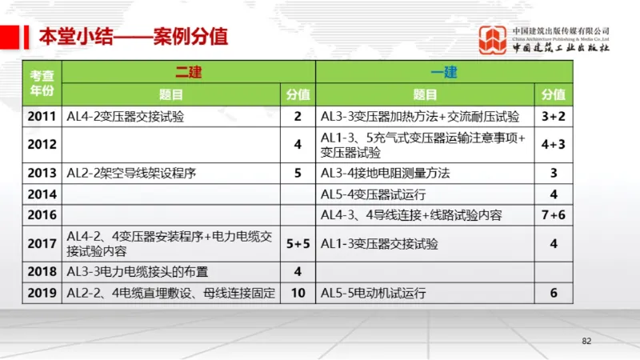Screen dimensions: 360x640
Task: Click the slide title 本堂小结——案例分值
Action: click(134, 36)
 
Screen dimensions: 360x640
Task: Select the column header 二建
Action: click(189, 73)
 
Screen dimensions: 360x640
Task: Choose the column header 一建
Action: click(444, 73)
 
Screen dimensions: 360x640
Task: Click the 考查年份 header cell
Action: click(42, 83)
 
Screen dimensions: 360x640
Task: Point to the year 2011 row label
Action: click(42, 117)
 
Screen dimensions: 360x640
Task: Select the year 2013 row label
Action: click(42, 173)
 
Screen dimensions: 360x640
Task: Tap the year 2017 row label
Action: click(42, 244)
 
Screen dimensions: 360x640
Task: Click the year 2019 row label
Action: click(42, 294)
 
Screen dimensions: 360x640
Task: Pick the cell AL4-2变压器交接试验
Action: click(126, 117)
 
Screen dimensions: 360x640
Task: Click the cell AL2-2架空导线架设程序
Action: click(132, 173)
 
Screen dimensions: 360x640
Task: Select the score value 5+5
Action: click(298, 244)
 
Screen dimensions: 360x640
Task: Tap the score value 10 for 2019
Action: click(298, 294)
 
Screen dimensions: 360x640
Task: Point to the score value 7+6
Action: click(553, 215)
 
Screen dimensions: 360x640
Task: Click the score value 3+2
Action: click(553, 117)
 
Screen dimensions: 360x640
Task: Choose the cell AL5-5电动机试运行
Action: click(374, 294)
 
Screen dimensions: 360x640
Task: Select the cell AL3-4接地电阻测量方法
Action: click(385, 173)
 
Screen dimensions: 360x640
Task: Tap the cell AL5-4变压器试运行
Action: click(374, 194)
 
